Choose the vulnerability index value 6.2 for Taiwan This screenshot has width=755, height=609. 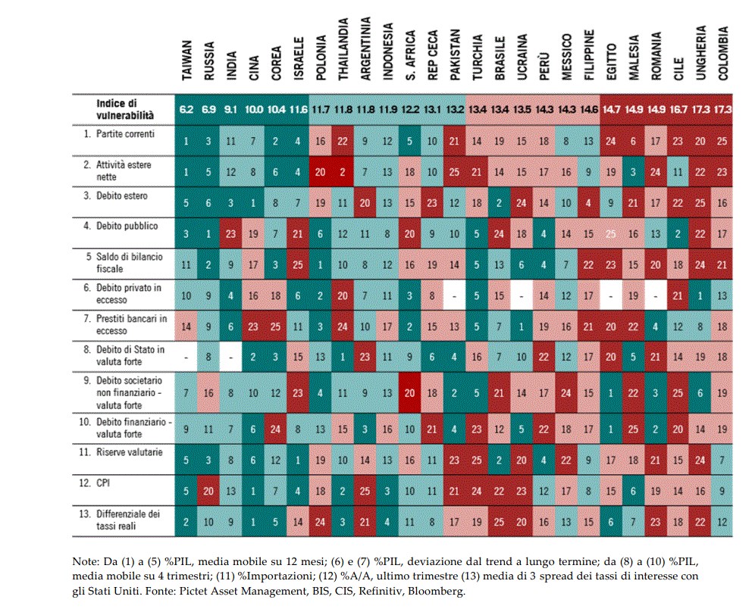186,110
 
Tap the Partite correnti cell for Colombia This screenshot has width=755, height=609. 723,141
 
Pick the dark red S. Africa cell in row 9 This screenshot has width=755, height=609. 410,393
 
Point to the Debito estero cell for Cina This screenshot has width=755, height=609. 254,203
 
